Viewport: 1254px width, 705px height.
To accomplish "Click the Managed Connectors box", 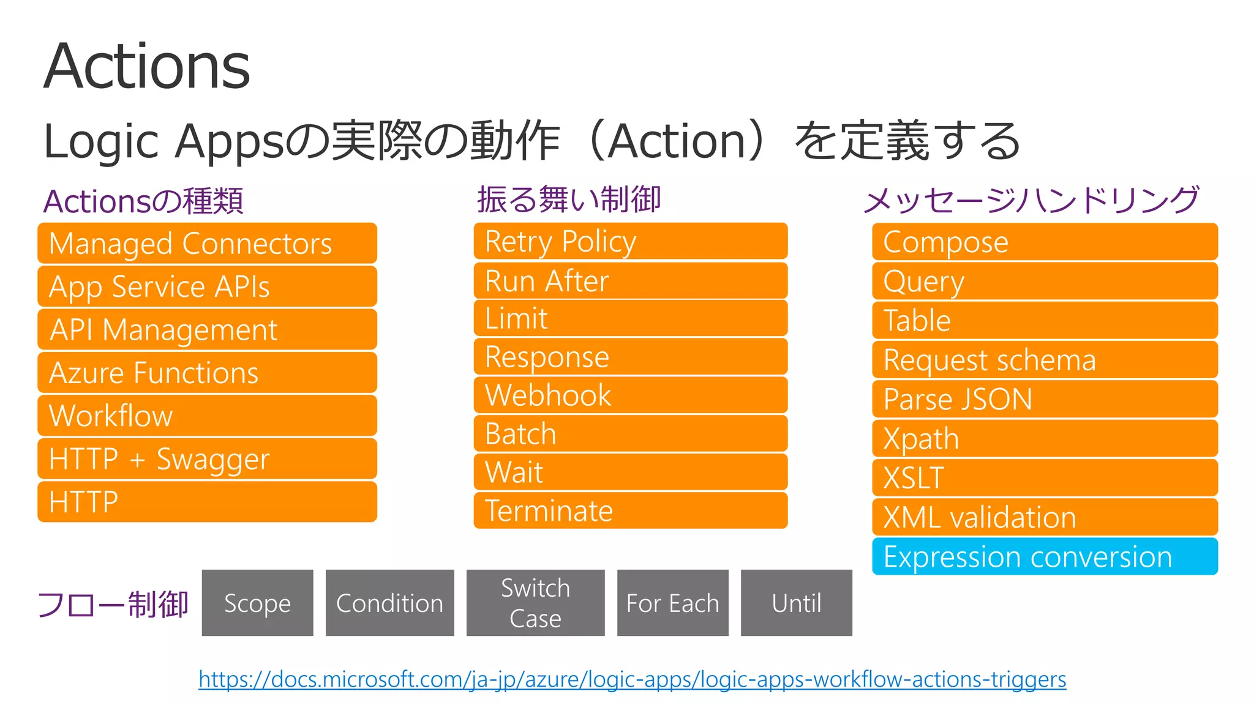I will [207, 244].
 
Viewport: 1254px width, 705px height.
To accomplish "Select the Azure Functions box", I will [207, 373].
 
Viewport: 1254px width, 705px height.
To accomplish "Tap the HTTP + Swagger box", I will [207, 459].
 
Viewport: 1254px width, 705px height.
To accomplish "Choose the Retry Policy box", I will [630, 241].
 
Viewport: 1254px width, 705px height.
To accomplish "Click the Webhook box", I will [630, 395].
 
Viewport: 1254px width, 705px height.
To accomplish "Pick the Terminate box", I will [630, 510].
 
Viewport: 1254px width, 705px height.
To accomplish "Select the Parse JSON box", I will [1045, 399].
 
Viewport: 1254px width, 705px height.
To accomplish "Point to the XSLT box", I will [1045, 477].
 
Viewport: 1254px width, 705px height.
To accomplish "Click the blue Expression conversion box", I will [1045, 557].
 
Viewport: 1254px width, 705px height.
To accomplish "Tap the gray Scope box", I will [257, 603].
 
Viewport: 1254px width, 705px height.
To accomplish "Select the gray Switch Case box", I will [535, 603].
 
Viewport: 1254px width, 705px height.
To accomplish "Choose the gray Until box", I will [796, 603].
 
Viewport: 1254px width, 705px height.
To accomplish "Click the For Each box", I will [672, 603].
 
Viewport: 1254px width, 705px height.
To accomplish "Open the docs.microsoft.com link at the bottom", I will [632, 679].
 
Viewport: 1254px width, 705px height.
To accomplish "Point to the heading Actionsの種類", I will [143, 201].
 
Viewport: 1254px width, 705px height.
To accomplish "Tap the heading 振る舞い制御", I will [569, 200].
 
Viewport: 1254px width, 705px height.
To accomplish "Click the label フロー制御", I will [113, 604].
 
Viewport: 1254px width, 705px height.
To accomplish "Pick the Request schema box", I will [1045, 360].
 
